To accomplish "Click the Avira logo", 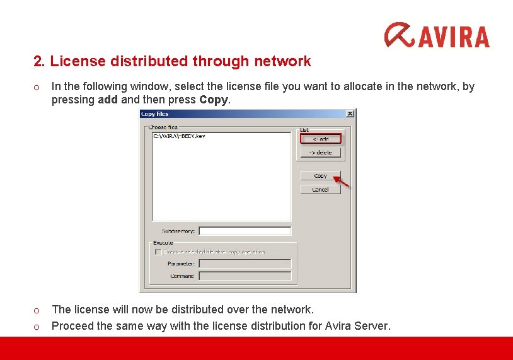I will point(437,36).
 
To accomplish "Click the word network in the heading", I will point(282,61).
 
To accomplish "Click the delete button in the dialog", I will point(320,152).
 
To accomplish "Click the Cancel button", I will point(320,189).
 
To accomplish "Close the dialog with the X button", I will point(350,113).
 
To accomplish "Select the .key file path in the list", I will point(179,136).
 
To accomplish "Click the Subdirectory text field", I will point(245,231).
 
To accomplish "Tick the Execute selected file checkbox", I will point(158,252).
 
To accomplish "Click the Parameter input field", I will point(245,264).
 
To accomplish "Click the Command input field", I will point(245,276).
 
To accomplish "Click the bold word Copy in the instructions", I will point(210,100).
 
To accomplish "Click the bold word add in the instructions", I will point(108,100).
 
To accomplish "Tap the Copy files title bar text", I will point(155,114).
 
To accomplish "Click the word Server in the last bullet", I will point(372,326).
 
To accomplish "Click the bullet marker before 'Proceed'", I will point(37,327).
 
